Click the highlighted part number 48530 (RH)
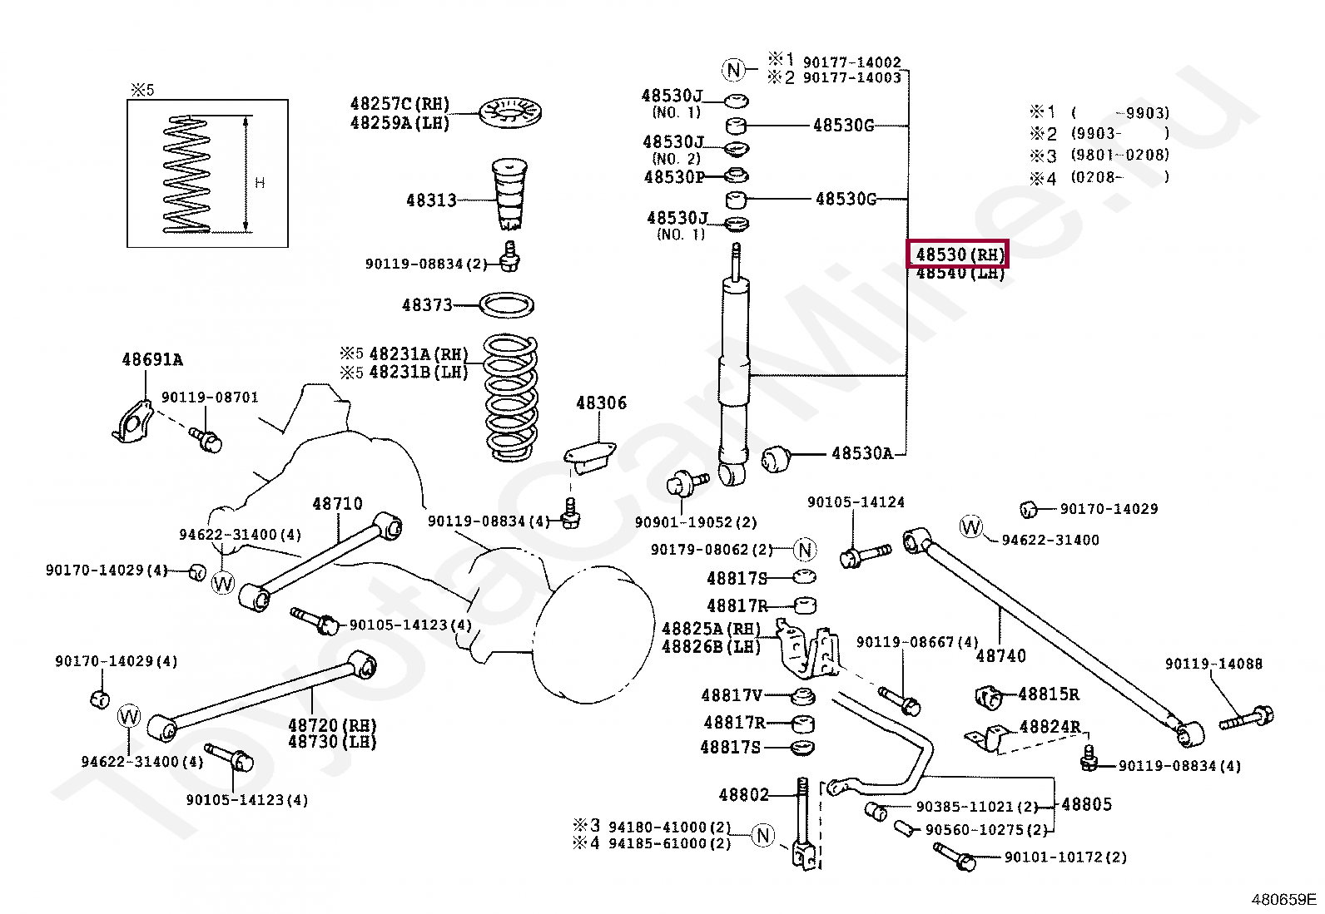[x=958, y=254]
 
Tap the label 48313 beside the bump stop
[x=431, y=200]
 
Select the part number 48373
[x=427, y=305]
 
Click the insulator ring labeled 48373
[x=506, y=305]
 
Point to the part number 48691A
[x=152, y=359]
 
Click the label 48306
[x=601, y=403]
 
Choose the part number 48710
[x=337, y=504]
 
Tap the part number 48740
[x=1001, y=655]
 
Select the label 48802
[x=743, y=794]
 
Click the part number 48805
[x=1087, y=804]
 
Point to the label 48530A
[x=862, y=453]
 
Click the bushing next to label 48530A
[x=777, y=459]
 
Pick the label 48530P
[x=674, y=177]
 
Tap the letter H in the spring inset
[x=260, y=183]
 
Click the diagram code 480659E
[x=1283, y=899]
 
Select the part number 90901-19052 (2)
[x=696, y=522]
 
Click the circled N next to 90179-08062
[x=805, y=550]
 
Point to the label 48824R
[x=1050, y=727]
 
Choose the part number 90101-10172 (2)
[x=1065, y=857]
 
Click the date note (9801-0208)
[x=1119, y=155]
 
